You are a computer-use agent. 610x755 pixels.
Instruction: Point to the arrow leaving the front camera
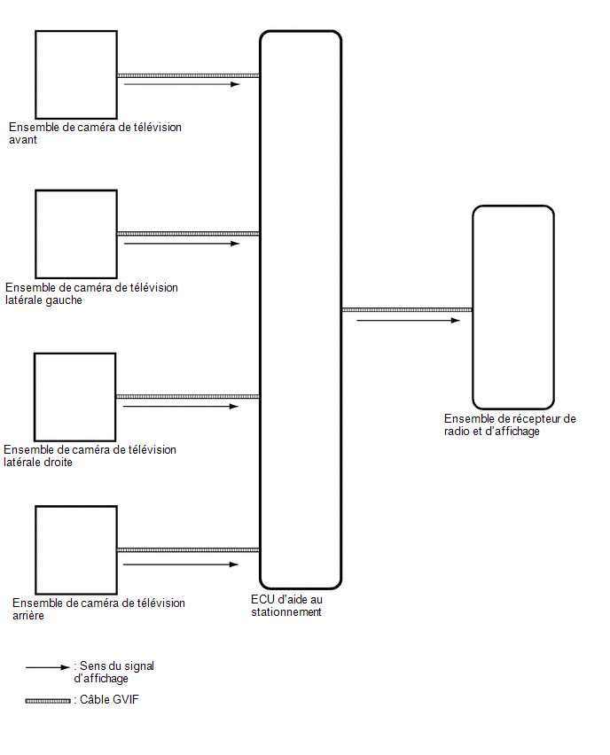[182, 84]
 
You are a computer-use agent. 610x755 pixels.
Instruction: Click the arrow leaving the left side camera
[182, 244]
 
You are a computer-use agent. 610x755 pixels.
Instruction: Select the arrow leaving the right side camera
[181, 407]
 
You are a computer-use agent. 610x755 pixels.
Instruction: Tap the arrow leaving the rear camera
[181, 564]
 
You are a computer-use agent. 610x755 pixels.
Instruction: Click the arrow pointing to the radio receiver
[409, 320]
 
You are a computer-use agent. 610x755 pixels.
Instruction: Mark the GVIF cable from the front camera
[188, 75]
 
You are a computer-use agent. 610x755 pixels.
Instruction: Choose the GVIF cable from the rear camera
[188, 550]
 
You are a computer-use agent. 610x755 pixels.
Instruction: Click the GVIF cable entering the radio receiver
[407, 310]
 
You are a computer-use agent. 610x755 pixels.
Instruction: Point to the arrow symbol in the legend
[48, 667]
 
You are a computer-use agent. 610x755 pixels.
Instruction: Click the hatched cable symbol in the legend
[48, 701]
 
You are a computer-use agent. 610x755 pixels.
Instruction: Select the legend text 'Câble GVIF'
[109, 700]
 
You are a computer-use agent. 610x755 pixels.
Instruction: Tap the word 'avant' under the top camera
[23, 140]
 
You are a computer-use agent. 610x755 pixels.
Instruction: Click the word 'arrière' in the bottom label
[28, 615]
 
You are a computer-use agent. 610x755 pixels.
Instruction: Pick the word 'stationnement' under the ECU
[286, 612]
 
